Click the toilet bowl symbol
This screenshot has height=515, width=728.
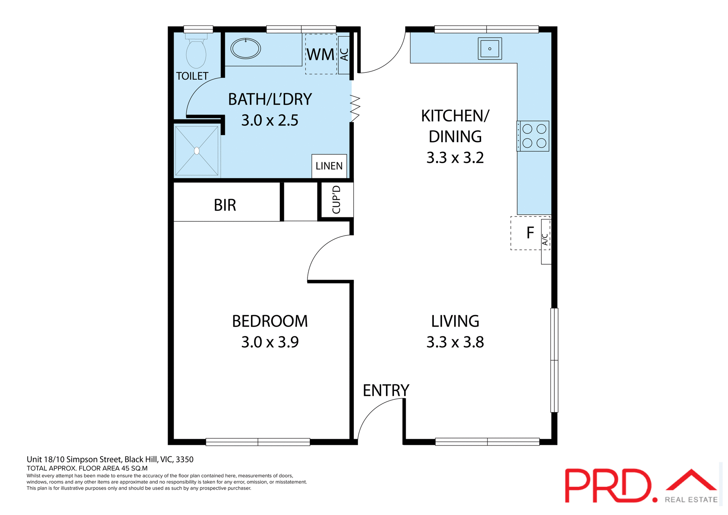pyautogui.click(x=196, y=53)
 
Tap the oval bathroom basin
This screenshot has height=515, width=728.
pyautogui.click(x=246, y=49)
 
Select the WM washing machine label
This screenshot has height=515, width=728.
pyautogui.click(x=321, y=55)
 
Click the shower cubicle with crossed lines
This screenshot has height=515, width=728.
pyautogui.click(x=197, y=151)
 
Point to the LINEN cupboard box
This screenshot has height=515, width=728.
pyautogui.click(x=329, y=166)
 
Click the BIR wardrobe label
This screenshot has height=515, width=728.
pyautogui.click(x=225, y=205)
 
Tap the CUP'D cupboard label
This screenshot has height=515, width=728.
pyautogui.click(x=336, y=200)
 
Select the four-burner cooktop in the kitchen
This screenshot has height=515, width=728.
pyautogui.click(x=534, y=136)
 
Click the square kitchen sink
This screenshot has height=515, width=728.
pyautogui.click(x=490, y=49)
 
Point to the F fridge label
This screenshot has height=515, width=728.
pyautogui.click(x=530, y=233)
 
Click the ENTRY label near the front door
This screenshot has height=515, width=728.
pyautogui.click(x=386, y=390)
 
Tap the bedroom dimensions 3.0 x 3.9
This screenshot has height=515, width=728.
pyautogui.click(x=270, y=342)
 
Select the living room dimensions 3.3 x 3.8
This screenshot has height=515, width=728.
pyautogui.click(x=455, y=342)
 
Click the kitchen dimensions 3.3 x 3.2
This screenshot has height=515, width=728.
pyautogui.click(x=455, y=158)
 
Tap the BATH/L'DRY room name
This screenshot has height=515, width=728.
pyautogui.click(x=270, y=99)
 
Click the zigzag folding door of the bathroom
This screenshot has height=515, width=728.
pyautogui.click(x=355, y=108)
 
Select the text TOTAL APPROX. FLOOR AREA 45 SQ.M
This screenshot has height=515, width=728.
pyautogui.click(x=87, y=468)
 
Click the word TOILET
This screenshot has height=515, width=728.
pyautogui.click(x=192, y=76)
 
